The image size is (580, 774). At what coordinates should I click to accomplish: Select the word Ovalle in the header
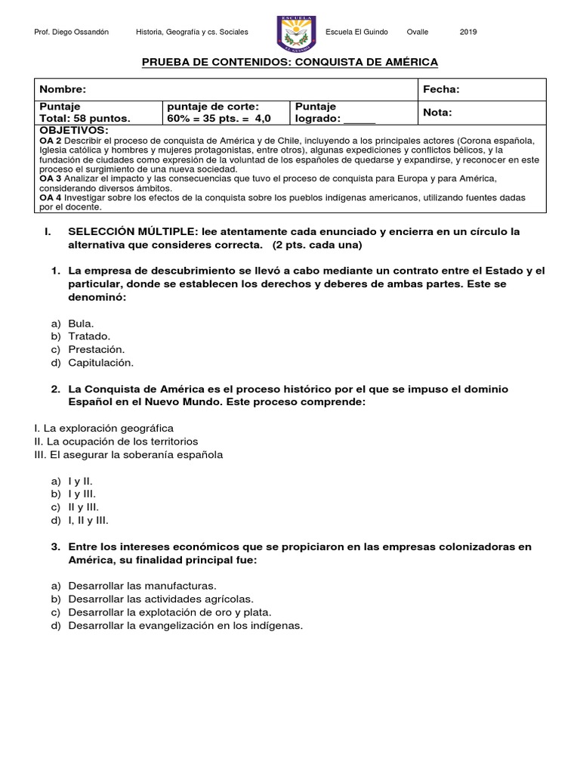coord(417,33)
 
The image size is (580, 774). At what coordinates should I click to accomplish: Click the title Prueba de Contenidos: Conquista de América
coord(290,62)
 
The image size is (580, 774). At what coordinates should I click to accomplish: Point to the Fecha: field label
coord(441,89)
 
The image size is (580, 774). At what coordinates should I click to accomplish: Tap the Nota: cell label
coord(437,113)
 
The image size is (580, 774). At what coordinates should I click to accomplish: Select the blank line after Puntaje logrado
coord(359,119)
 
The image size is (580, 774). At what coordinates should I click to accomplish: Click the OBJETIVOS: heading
coord(74,131)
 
